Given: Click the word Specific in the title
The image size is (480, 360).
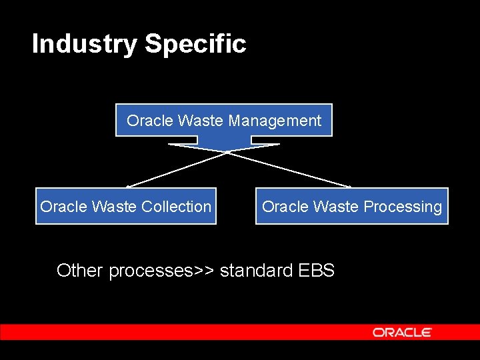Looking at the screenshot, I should [x=195, y=45].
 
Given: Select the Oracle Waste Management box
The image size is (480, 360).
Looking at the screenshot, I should [x=223, y=120].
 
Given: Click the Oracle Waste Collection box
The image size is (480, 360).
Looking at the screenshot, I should [x=125, y=206].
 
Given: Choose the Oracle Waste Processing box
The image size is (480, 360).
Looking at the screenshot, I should [x=351, y=206].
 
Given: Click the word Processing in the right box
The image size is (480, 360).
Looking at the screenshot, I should [x=407, y=207].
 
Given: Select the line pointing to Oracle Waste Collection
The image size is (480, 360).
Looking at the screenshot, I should [x=177, y=169].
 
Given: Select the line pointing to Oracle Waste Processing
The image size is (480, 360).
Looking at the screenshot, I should [x=290, y=169].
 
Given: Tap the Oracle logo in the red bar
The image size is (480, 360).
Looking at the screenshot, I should [x=402, y=332].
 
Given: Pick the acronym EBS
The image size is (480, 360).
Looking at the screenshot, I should [x=316, y=270].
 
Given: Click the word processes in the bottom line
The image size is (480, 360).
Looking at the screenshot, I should [x=151, y=271].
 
